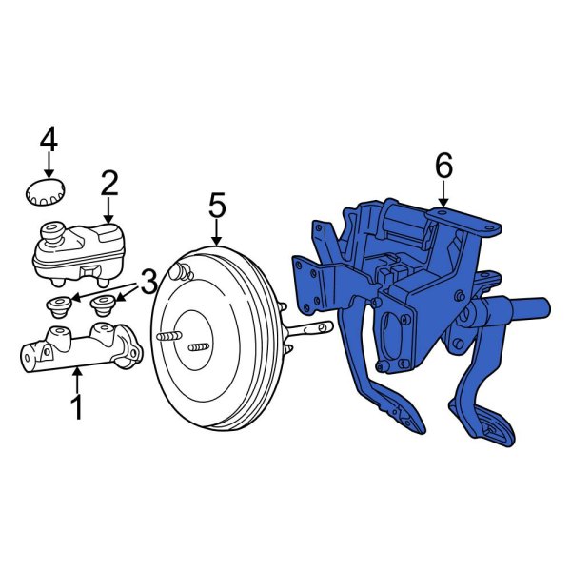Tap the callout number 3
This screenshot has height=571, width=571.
click(x=148, y=282)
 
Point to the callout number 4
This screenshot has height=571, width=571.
click(x=49, y=141)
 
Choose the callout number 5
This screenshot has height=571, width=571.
click(x=217, y=205)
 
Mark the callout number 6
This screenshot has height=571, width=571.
click(x=443, y=167)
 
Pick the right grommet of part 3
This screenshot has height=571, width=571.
click(x=102, y=306)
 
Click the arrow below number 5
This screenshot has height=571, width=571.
click(x=217, y=233)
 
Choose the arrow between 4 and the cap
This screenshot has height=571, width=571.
click(x=49, y=166)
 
